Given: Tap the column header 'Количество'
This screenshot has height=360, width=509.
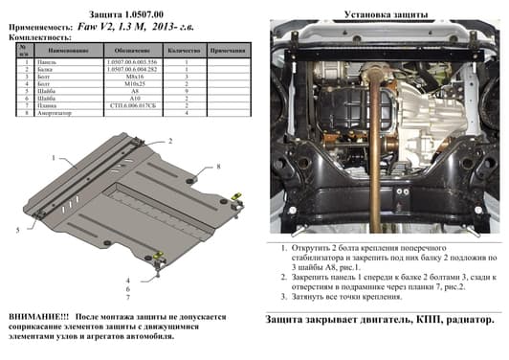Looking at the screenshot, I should click(x=182, y=48).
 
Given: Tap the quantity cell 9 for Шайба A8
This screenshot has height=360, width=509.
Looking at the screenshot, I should click(x=182, y=89).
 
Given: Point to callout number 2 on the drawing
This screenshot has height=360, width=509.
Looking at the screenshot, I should click(x=171, y=139).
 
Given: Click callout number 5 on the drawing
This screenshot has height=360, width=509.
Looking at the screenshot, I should click(x=17, y=230).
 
